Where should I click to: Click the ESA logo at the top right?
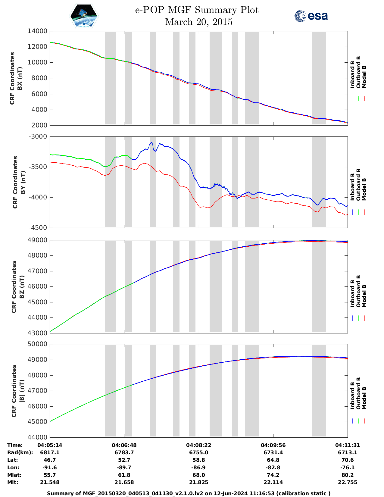tap(311, 16)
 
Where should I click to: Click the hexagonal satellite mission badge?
tap(84, 16)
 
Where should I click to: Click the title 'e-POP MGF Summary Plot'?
tap(197, 10)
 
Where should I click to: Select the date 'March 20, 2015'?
tap(199, 22)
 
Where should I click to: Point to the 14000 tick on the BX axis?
tap(37, 31)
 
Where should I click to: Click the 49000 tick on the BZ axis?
tap(37, 240)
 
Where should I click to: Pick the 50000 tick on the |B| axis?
tap(37, 344)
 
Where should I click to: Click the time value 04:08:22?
tap(199, 445)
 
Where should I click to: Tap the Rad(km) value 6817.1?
tap(50, 452)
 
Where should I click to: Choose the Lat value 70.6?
tap(348, 460)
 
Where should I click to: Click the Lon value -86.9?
tap(199, 467)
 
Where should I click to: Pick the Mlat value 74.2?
tap(273, 475)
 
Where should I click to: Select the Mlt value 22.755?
tap(348, 482)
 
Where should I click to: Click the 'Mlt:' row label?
tap(13, 482)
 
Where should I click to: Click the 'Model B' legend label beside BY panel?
tap(364, 189)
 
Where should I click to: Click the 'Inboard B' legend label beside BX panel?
tap(352, 74)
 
